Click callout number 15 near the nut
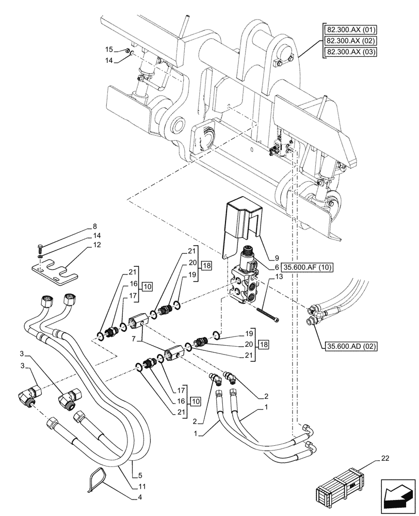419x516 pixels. pos(109,50)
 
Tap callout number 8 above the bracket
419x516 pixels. pos(94,226)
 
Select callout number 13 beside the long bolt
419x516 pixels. pos(279,277)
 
